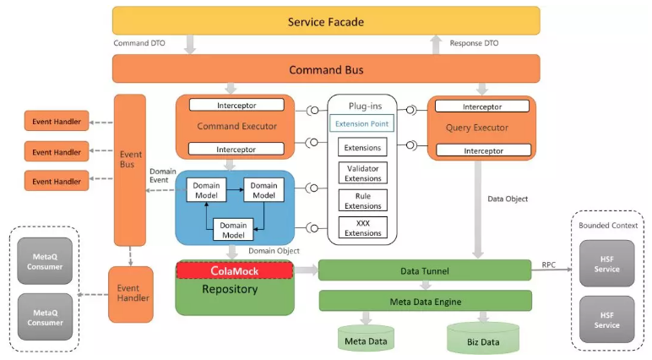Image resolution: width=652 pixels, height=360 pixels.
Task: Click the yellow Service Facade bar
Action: click(x=325, y=21)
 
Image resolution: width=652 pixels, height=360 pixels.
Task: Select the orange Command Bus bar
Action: click(x=325, y=69)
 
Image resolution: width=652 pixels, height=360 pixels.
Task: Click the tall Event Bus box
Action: click(x=130, y=169)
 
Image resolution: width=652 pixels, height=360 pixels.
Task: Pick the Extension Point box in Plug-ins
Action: click(x=361, y=124)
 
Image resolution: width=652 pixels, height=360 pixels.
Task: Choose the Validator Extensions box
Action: click(x=361, y=173)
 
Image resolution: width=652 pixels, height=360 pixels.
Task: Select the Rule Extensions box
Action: click(x=361, y=200)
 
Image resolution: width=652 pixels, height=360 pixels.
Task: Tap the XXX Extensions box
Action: click(x=361, y=227)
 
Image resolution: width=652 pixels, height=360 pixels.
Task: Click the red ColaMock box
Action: click(x=234, y=270)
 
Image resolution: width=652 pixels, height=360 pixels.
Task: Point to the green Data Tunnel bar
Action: click(x=425, y=270)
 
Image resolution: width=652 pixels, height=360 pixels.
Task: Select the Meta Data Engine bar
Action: click(x=425, y=301)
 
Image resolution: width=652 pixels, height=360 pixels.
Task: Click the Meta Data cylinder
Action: click(x=366, y=340)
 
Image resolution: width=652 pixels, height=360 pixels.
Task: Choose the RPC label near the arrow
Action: click(x=550, y=264)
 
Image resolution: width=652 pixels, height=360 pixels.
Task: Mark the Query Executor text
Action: click(x=481, y=128)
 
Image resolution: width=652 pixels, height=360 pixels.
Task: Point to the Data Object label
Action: click(x=508, y=199)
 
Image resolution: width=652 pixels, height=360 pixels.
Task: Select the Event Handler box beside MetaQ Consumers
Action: click(x=130, y=293)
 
